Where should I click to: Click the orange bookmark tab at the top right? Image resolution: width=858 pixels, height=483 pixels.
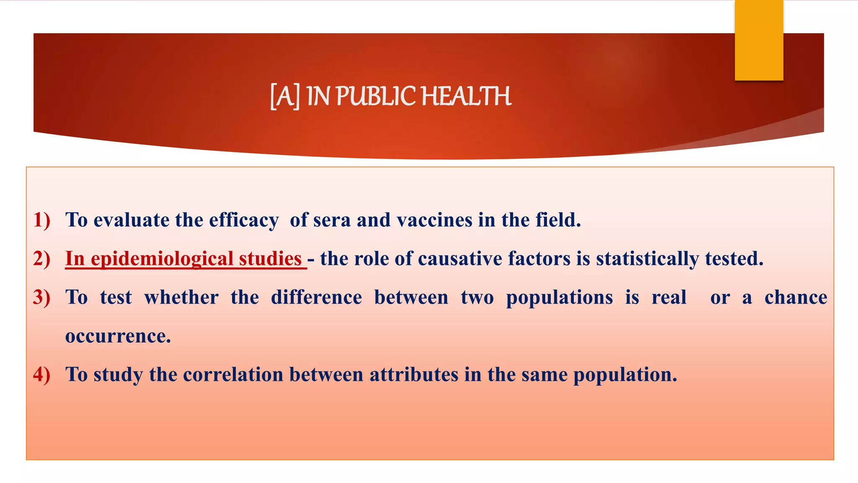coord(759,41)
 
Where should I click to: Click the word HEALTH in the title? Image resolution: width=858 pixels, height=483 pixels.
coord(466,96)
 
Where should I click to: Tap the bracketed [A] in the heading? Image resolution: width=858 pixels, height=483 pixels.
coord(285,96)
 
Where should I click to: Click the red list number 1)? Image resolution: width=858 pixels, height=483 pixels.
coord(41,220)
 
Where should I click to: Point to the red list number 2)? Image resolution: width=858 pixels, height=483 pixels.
coord(41,259)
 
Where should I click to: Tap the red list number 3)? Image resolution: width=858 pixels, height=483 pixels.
coord(41,297)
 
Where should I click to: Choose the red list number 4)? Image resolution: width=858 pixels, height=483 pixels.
coord(41,374)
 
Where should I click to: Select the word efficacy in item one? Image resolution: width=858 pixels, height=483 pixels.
coord(244,221)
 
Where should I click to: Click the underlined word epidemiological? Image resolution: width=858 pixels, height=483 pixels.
coord(162,259)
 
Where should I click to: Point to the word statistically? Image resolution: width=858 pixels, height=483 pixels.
coord(647,259)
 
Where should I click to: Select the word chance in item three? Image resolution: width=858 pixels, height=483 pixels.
coord(796,298)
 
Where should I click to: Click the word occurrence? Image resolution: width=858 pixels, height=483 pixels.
coord(118,336)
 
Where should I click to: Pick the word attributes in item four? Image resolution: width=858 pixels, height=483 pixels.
coord(414,375)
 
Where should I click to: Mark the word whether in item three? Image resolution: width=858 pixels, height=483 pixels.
coord(181,298)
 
